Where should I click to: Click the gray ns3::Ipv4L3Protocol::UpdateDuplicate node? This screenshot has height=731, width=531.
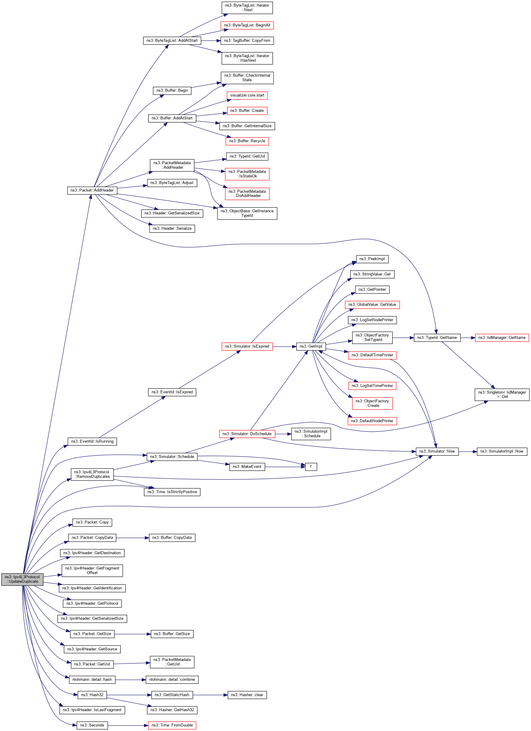[22, 579]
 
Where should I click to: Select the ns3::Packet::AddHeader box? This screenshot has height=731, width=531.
[92, 190]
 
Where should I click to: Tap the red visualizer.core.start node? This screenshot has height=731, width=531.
[247, 95]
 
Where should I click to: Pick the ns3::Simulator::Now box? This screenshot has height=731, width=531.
[437, 451]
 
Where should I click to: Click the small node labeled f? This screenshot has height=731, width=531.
[311, 467]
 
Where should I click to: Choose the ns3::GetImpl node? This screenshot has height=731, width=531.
[311, 346]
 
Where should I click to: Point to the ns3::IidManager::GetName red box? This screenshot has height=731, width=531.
[502, 338]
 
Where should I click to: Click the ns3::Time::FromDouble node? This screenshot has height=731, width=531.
[172, 725]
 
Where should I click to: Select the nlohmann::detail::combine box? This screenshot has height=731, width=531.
[172, 680]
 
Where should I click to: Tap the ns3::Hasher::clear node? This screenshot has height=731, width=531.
[247, 695]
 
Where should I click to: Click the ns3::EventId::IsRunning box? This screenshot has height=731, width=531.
[92, 441]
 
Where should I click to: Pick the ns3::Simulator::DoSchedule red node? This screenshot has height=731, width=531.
[247, 434]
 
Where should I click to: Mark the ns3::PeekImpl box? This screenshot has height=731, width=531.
[372, 259]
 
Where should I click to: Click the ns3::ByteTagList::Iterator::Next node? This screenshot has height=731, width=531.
[247, 8]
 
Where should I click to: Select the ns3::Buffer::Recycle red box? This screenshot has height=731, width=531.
[247, 141]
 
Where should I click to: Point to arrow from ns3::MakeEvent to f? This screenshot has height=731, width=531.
[285, 467]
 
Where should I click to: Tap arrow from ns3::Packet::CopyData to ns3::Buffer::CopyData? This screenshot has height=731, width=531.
[132, 538]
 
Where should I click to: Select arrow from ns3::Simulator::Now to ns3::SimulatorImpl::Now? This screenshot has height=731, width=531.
[468, 452]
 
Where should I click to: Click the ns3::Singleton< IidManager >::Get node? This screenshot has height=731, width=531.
[502, 395]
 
